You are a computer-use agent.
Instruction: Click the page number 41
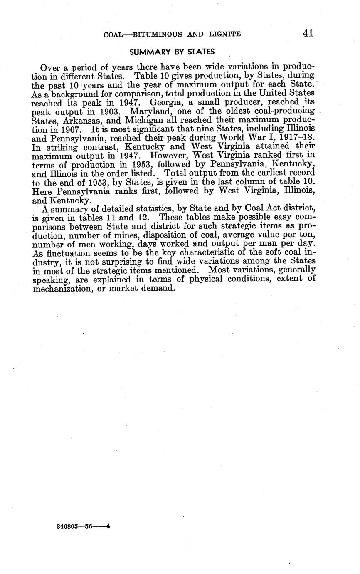pyautogui.click(x=308, y=33)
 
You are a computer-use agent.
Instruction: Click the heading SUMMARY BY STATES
pyautogui.click(x=172, y=52)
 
